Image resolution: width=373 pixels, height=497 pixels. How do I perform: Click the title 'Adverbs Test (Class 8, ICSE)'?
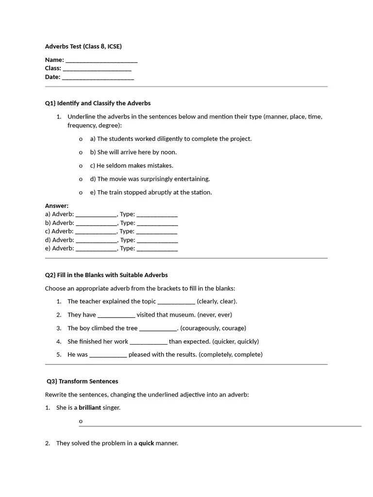click(x=83, y=47)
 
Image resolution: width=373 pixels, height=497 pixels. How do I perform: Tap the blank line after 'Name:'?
click(x=101, y=61)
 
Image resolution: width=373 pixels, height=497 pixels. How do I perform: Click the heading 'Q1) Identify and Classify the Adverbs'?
click(x=98, y=103)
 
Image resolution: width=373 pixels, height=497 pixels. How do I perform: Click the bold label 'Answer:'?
click(x=57, y=206)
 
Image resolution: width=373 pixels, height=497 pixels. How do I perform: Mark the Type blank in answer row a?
click(x=157, y=215)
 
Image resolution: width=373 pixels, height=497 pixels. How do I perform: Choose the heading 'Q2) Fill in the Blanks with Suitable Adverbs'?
click(x=106, y=275)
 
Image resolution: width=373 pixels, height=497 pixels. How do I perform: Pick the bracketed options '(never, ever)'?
click(x=215, y=315)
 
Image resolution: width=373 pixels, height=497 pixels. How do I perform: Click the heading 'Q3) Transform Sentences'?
click(x=82, y=381)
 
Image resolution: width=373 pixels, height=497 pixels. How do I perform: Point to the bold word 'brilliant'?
click(x=90, y=408)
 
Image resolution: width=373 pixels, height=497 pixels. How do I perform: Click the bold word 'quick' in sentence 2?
click(x=146, y=443)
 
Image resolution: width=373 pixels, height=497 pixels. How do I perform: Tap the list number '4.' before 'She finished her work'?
click(x=59, y=342)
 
